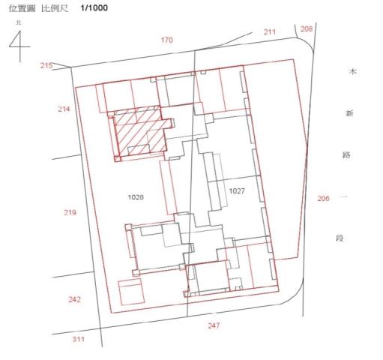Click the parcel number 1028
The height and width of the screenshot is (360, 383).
click(136, 197)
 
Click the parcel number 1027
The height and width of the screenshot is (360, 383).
click(237, 191)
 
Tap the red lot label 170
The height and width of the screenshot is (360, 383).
click(167, 40)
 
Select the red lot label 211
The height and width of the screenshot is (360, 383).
click(270, 31)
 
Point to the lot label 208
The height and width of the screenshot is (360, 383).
click(307, 29)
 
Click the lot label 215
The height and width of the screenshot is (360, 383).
click(46, 65)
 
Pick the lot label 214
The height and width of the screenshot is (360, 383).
click(64, 109)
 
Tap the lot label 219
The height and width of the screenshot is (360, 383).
click(70, 212)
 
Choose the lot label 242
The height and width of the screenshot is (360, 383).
click(74, 299)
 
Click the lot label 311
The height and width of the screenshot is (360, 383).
click(79, 339)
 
